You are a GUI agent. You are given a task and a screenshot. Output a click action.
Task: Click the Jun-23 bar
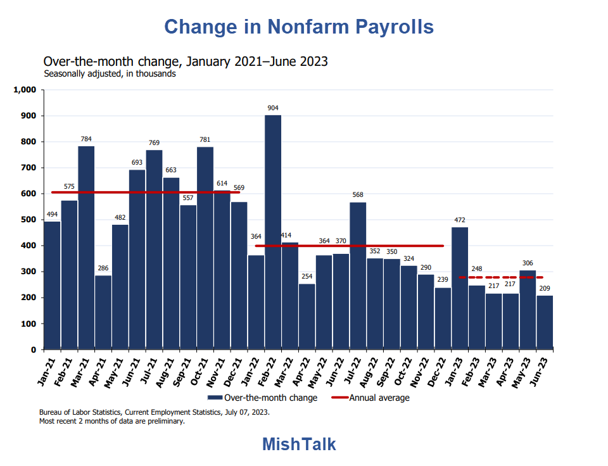(x=545, y=322)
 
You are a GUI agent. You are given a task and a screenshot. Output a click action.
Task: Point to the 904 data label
(x=273, y=108)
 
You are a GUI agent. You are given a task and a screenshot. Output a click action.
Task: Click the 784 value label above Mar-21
(x=86, y=139)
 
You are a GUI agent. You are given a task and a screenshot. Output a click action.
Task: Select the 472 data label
(x=460, y=220)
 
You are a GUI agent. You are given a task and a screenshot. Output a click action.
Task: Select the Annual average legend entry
(x=379, y=398)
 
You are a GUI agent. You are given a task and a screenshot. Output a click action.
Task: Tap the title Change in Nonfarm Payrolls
(x=299, y=27)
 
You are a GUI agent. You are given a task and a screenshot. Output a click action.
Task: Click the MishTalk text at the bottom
(x=299, y=444)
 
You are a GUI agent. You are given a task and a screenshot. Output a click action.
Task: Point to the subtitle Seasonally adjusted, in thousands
(x=110, y=73)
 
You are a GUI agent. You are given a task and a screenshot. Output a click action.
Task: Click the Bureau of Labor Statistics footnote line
(x=154, y=412)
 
